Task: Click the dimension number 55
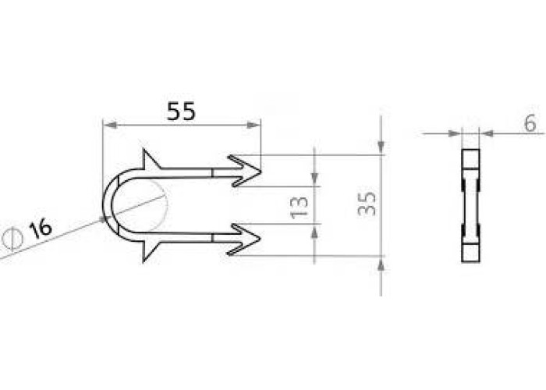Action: pos(182,112)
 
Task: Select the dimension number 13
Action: pos(299,208)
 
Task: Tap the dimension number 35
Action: pos(367,204)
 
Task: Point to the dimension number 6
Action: pos(530,123)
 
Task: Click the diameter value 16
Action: pos(41,229)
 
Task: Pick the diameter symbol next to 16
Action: pos(12,239)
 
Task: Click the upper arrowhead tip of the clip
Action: pos(261,172)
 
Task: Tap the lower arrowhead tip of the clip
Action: pos(261,239)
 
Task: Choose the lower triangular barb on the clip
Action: pos(149,250)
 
